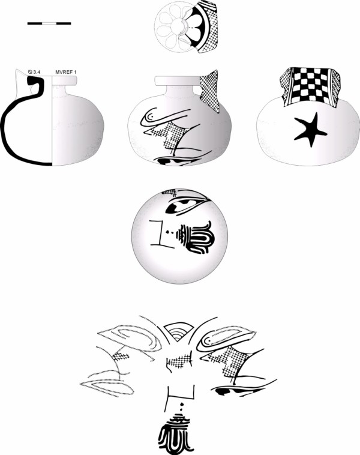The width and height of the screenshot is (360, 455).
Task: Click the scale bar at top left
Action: (49, 23)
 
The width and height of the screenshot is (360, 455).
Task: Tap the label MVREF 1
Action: (66, 72)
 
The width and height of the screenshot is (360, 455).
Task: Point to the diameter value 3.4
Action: (37, 72)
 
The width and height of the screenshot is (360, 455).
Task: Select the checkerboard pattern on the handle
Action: (310, 86)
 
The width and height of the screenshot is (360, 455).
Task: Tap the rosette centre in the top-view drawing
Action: (177, 26)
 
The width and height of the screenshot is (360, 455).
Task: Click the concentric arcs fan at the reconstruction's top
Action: (178, 333)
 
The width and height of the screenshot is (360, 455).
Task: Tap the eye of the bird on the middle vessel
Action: (151, 116)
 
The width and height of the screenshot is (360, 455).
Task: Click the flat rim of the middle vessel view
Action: (177, 80)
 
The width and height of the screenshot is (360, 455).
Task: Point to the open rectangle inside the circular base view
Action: (160, 234)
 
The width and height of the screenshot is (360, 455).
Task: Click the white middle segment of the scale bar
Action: (49, 23)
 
